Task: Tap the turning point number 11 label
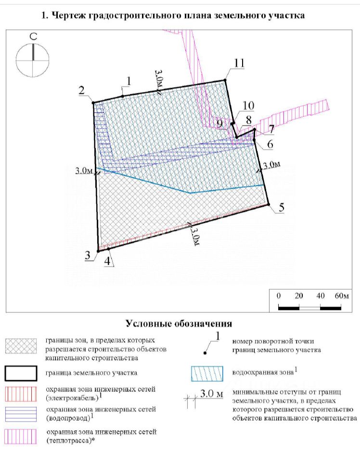[x=239, y=64]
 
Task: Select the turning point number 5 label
[x=281, y=207]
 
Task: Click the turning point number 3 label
[x=88, y=256]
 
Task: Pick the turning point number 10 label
[x=248, y=106]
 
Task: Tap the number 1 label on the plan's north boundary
[x=128, y=80]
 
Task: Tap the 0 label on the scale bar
[x=279, y=296]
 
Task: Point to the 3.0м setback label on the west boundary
[x=83, y=171]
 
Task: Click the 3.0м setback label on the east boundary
[x=271, y=165]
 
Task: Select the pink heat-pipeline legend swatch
[x=21, y=436]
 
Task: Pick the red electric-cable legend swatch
[x=21, y=393]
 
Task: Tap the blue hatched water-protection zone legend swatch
[x=207, y=373]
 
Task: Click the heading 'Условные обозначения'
[x=179, y=323]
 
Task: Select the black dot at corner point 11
[x=224, y=80]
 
